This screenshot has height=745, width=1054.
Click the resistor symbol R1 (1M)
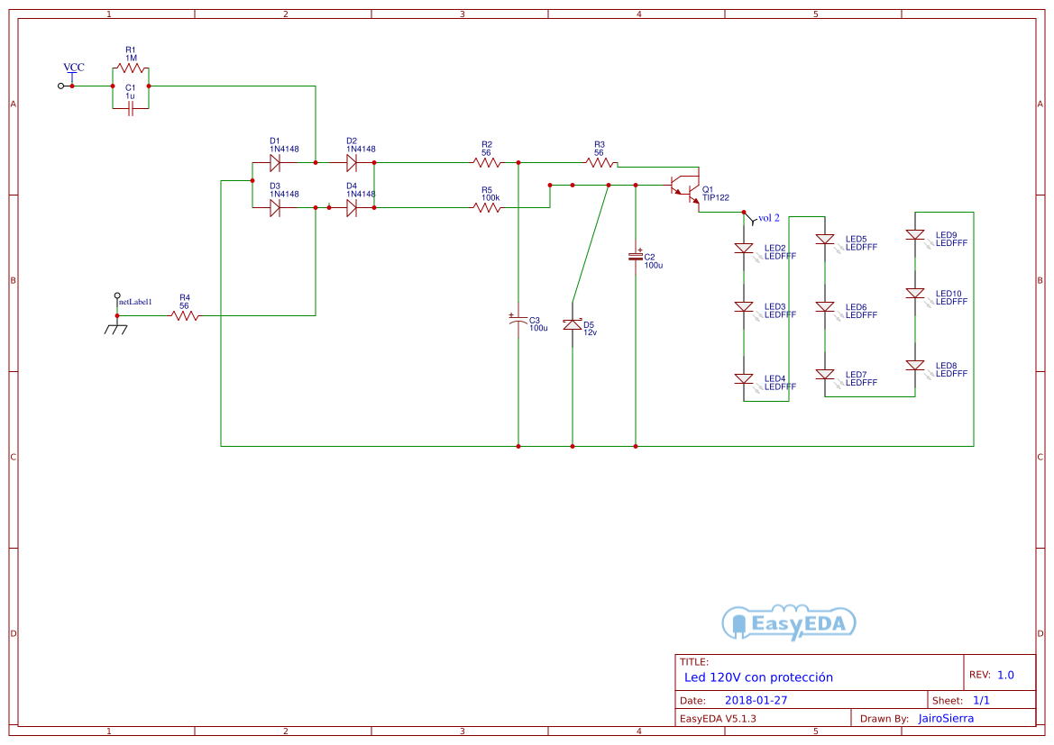point(130,68)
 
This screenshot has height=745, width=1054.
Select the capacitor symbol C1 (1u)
point(130,108)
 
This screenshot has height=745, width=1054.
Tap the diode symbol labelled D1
point(275,163)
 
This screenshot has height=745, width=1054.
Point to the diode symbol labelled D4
point(352,208)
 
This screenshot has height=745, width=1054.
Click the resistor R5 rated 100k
point(487,208)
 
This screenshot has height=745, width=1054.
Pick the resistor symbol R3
point(600,163)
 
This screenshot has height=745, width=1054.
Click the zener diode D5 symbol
point(573,324)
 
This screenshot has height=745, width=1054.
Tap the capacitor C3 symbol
point(518,321)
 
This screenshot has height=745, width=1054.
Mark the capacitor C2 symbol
point(636,257)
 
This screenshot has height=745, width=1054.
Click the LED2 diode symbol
point(744,249)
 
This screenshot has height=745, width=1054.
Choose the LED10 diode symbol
point(915,294)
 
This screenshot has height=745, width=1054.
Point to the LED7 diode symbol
point(825,374)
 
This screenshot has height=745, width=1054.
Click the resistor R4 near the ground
point(184,315)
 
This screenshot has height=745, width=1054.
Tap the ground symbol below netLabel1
point(116,328)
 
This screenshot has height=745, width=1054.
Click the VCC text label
point(74,68)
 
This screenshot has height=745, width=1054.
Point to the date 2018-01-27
point(756,700)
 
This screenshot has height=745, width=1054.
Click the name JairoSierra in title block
point(946,718)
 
